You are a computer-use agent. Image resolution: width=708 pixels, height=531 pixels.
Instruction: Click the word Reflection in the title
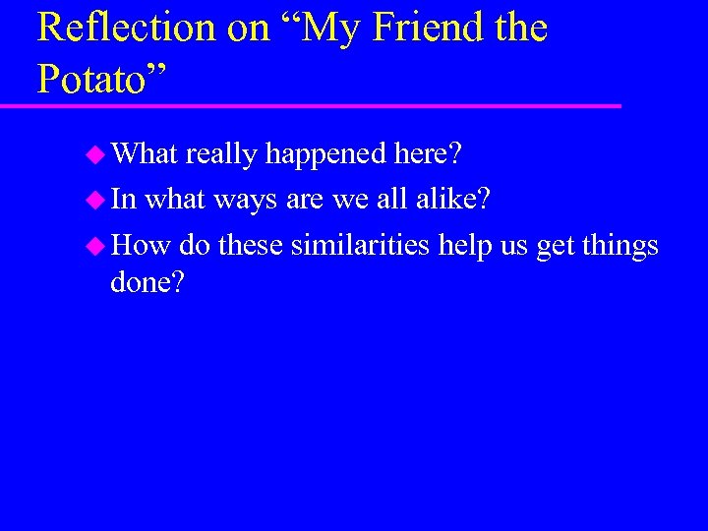click(127, 28)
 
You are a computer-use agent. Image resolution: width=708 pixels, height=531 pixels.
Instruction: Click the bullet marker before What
click(96, 154)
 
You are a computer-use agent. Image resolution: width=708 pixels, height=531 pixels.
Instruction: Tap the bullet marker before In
click(96, 200)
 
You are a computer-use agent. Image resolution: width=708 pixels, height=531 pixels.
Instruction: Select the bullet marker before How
click(96, 245)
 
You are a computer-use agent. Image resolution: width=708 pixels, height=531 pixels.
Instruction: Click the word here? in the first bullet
click(429, 154)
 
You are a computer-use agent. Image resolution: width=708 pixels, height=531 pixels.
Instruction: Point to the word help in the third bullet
click(466, 245)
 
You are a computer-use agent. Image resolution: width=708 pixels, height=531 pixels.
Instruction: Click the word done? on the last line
click(147, 283)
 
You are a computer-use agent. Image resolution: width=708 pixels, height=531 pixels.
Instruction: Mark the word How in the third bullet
click(142, 244)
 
